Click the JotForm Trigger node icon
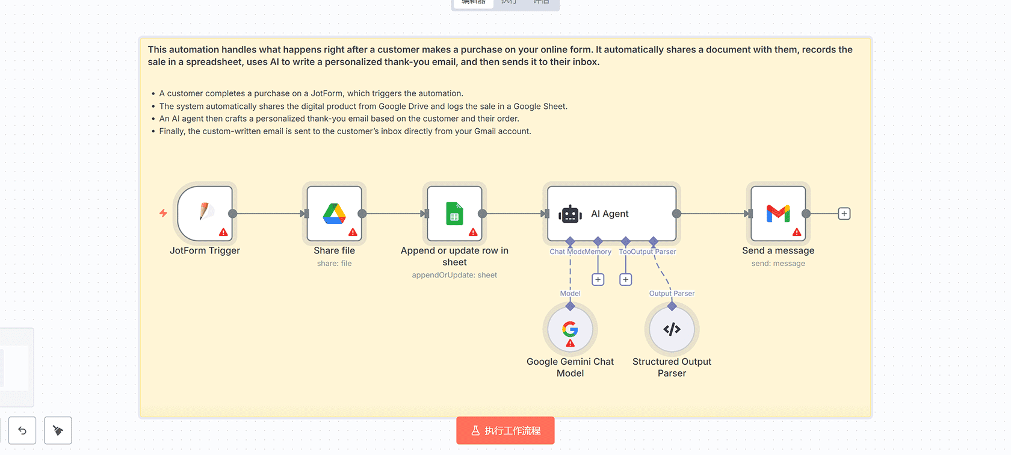[x=205, y=212]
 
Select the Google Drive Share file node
[x=334, y=213]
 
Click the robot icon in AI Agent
[x=570, y=214]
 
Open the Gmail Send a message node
[x=778, y=213]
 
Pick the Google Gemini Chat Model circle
[x=570, y=329]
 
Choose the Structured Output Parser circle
[x=672, y=329]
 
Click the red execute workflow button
[x=505, y=430]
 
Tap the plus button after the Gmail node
[x=844, y=214]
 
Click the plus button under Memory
[x=598, y=279]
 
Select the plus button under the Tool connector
[x=626, y=279]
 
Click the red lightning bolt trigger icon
[x=163, y=213]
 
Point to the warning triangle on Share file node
[x=353, y=232]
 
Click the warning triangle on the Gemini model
[x=570, y=344]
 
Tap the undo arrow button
[x=22, y=430]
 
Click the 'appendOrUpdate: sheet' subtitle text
[x=454, y=275]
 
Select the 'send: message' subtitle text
[x=778, y=264]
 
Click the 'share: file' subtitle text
[x=334, y=264]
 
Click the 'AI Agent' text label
[x=610, y=214]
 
